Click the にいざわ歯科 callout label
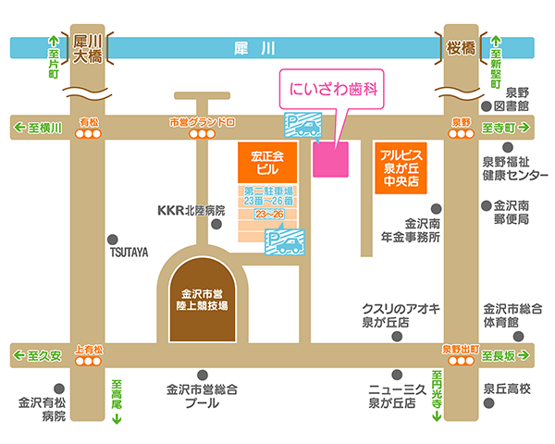coord(332,89)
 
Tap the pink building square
coord(330,159)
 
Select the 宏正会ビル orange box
coord(267,163)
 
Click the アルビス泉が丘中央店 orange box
coord(401,168)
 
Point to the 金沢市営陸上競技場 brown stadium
coord(203,300)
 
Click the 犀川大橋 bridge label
coord(88,48)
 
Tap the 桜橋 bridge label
coord(461,48)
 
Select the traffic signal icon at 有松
coord(88,134)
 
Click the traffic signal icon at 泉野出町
coord(461,361)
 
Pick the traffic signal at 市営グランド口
coord(202,134)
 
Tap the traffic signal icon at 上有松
coord(88,361)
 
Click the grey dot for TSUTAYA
coord(113,240)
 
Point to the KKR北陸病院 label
coord(191,210)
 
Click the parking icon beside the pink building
coord(303,125)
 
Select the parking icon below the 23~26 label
coord(285,242)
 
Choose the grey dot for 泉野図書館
coord(487,105)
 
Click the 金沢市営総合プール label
coord(202,396)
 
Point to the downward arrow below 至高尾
coord(117,418)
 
